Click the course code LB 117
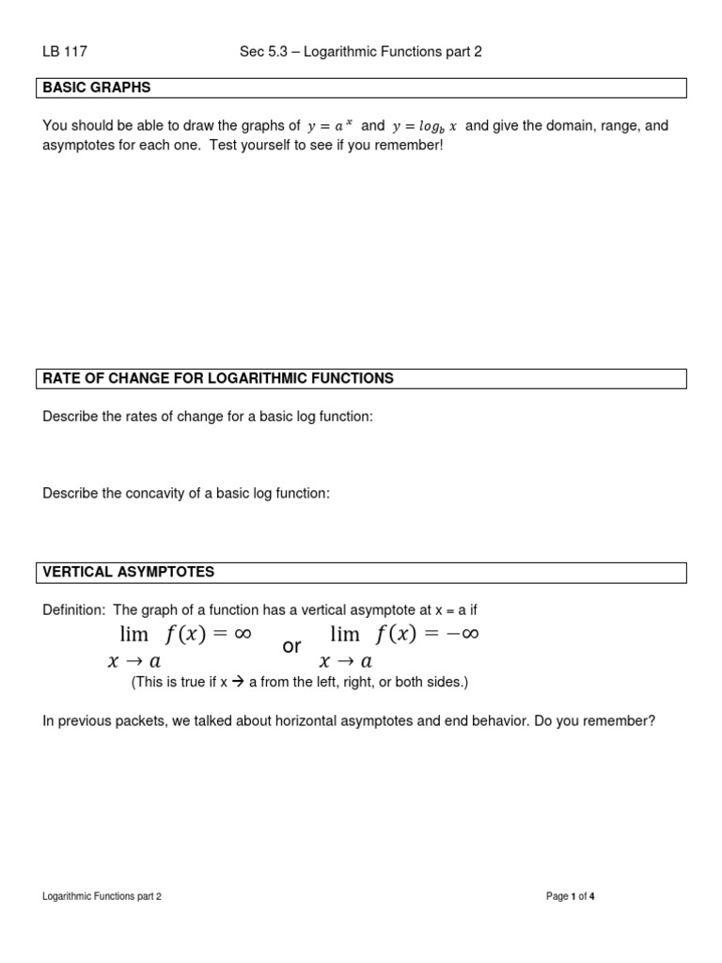tap(65, 52)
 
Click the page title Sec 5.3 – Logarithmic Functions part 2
tap(361, 52)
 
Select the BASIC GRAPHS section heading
tap(97, 87)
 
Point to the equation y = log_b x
tap(424, 126)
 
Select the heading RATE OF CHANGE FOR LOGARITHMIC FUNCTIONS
tap(218, 378)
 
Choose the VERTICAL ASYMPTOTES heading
tap(129, 572)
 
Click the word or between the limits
tap(291, 647)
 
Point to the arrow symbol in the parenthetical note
tap(238, 683)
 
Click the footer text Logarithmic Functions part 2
tap(102, 897)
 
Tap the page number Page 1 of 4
tap(571, 897)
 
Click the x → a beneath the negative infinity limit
tap(346, 662)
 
